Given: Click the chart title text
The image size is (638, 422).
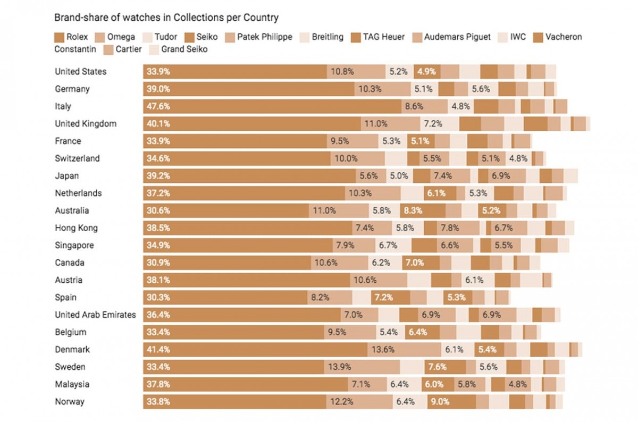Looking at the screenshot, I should pos(166,18).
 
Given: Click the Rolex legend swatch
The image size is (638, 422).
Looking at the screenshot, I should pos(60,37).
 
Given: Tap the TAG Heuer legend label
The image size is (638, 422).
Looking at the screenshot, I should pos(384,37).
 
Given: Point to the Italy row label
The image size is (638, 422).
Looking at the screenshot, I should pos(63,106).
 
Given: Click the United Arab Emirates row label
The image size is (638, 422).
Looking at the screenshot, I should pos(95,315).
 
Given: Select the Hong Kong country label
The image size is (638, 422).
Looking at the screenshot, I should pos(77,228).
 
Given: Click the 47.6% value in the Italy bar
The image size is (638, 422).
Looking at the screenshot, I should pos(158,106).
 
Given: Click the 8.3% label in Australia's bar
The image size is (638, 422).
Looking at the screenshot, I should pos(413,210).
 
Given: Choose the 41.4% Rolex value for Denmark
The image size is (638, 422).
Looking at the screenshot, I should pos(158,350).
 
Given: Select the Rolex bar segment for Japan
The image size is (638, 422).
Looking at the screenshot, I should pos(250,176).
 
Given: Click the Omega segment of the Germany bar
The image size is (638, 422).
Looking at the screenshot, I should pos(383,89).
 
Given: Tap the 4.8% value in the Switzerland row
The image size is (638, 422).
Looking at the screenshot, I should pos(518,158).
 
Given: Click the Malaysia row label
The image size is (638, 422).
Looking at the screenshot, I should pos(72,384).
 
